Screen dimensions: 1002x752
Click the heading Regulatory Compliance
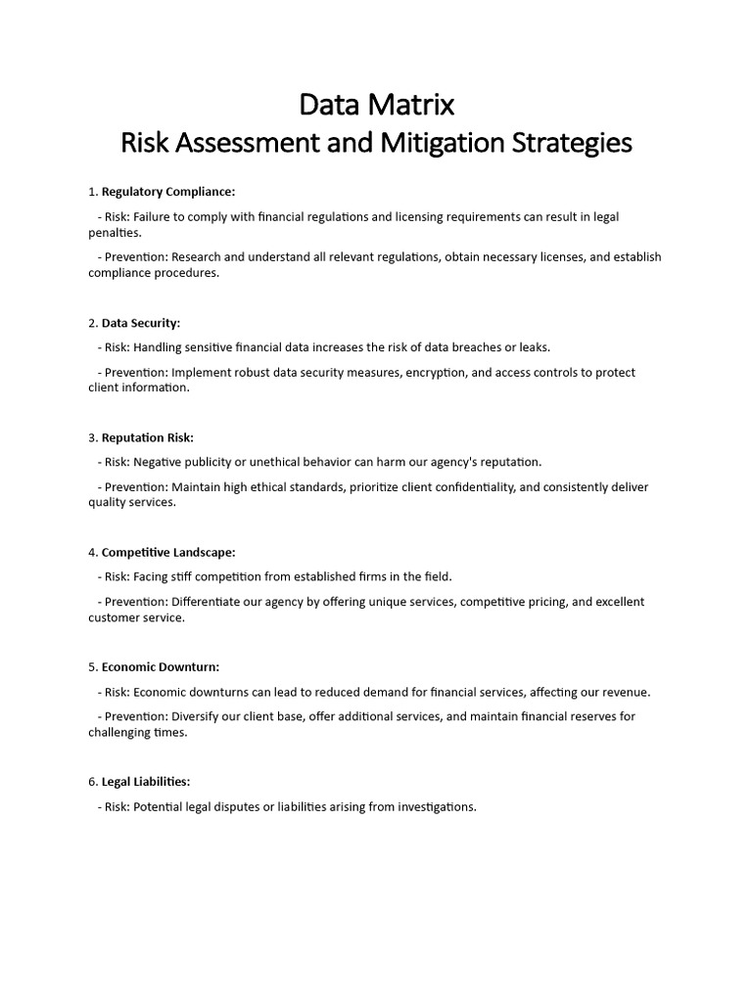click(x=168, y=192)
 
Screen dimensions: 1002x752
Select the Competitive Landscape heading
click(x=168, y=553)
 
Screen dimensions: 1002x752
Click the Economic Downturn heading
click(x=161, y=667)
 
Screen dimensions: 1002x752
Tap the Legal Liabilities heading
click(x=146, y=782)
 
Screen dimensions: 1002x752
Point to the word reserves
click(x=588, y=717)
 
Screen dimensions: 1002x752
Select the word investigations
click(x=430, y=807)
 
